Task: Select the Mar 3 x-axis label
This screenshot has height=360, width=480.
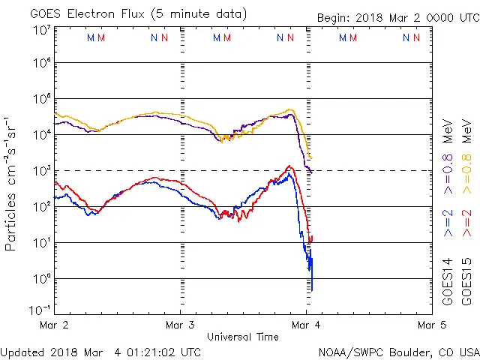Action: (x=181, y=325)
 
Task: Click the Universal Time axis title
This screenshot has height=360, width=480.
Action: (x=243, y=337)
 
